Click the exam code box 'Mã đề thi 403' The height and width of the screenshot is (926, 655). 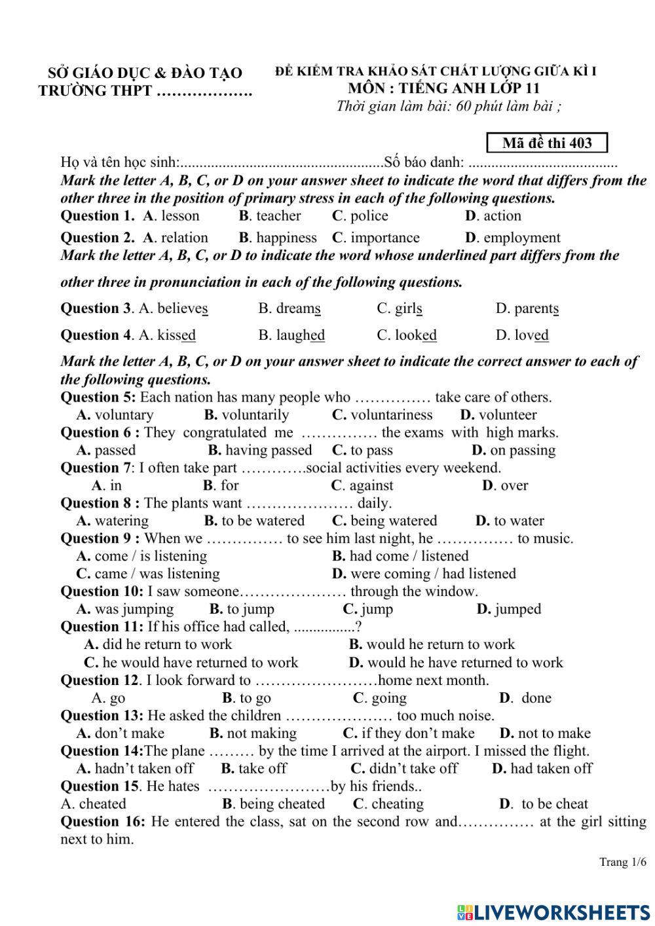click(x=547, y=143)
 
